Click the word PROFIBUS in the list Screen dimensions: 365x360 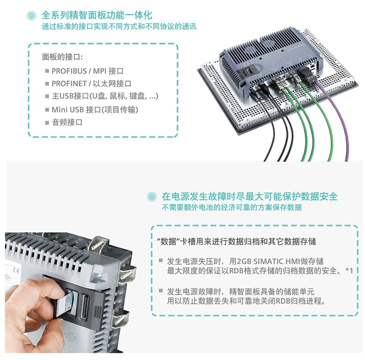tap(69, 71)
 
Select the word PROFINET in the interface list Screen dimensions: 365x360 tap(69, 83)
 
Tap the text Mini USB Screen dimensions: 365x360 tap(67, 110)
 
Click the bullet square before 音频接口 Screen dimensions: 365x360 tap(47, 122)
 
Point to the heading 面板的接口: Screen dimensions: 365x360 tap(62, 57)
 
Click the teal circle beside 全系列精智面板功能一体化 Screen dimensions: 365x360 tap(31, 16)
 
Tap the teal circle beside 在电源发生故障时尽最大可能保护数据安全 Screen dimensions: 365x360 tap(152, 197)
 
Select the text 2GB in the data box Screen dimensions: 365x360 tap(244, 261)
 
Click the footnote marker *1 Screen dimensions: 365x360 tap(350, 271)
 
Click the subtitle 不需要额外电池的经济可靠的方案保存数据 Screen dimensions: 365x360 tap(232, 207)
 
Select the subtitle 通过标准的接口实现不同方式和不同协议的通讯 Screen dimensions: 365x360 tap(119, 26)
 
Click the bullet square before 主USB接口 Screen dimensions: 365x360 tap(47, 96)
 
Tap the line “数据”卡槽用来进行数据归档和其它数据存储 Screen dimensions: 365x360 tap(237, 241)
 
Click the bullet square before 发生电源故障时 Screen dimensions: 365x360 tap(161, 290)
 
